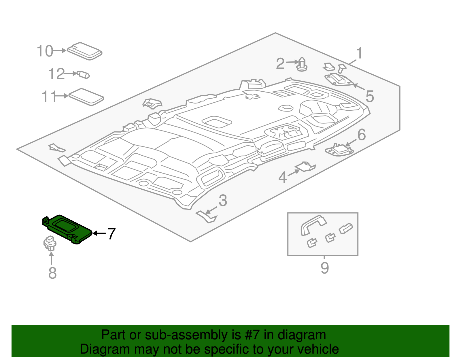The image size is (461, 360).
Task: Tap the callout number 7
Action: click(x=111, y=233)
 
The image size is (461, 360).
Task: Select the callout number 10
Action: click(x=45, y=51)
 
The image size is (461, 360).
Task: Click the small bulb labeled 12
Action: click(x=84, y=75)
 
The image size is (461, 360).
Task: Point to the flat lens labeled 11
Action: click(x=86, y=97)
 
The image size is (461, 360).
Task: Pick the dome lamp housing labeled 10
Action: click(x=85, y=51)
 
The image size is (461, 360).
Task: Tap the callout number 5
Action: click(x=370, y=96)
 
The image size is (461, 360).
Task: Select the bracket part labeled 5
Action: click(x=338, y=80)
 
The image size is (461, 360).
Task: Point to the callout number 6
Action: click(x=361, y=135)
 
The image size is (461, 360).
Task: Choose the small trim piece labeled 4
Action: click(x=305, y=167)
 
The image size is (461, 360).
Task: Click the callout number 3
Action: click(x=223, y=201)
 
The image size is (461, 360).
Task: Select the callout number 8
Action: click(x=52, y=273)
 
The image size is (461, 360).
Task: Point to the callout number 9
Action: click(x=325, y=268)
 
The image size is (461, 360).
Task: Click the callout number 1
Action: click(x=359, y=54)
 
